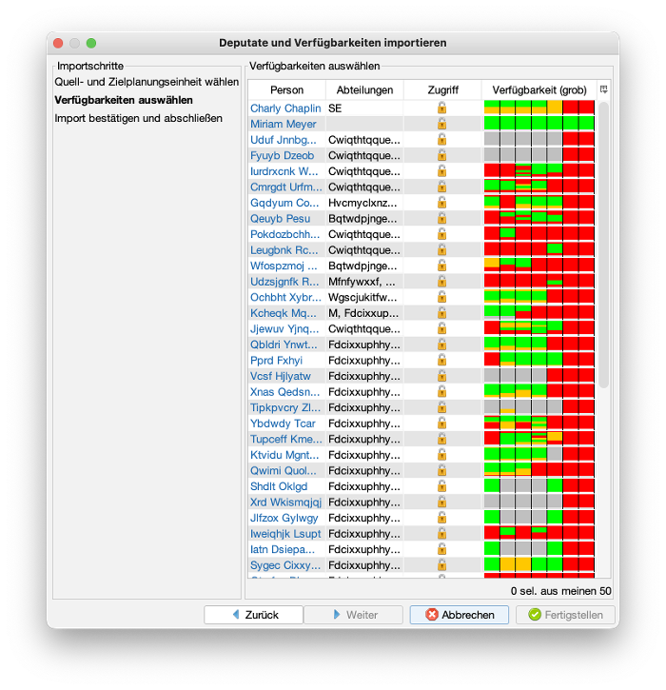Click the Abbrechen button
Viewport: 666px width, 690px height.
pos(459,615)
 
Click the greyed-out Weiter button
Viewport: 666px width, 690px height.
pos(353,615)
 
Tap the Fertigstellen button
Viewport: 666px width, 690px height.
pos(565,615)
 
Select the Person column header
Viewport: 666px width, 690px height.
pos(286,89)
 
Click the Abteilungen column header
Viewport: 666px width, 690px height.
pos(364,89)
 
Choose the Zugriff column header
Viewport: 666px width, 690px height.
pos(442,89)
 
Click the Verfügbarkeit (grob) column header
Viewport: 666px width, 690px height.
pos(539,89)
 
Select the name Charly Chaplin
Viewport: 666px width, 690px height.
pos(285,108)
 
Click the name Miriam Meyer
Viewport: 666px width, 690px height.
pos(284,124)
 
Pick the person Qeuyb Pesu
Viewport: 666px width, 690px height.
pos(280,219)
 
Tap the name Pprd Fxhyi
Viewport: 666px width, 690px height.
pos(276,361)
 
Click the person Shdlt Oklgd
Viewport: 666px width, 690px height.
pos(279,486)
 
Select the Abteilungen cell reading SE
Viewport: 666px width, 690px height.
pos(335,108)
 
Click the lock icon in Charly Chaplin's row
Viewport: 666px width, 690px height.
pos(441,108)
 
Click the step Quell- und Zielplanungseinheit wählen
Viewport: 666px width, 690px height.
pos(147,82)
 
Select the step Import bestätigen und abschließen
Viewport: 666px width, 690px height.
pos(138,118)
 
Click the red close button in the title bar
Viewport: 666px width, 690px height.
pos(58,43)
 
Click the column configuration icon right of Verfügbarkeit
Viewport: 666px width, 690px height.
pos(603,89)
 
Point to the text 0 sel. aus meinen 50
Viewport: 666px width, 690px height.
pos(560,590)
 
